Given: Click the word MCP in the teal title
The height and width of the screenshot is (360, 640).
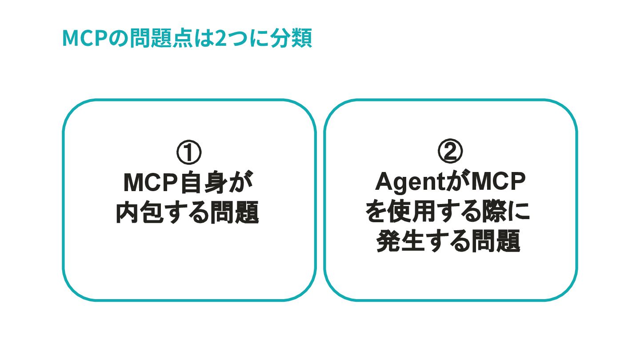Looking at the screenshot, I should (x=84, y=39).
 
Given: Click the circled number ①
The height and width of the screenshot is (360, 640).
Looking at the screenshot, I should (x=189, y=152).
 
